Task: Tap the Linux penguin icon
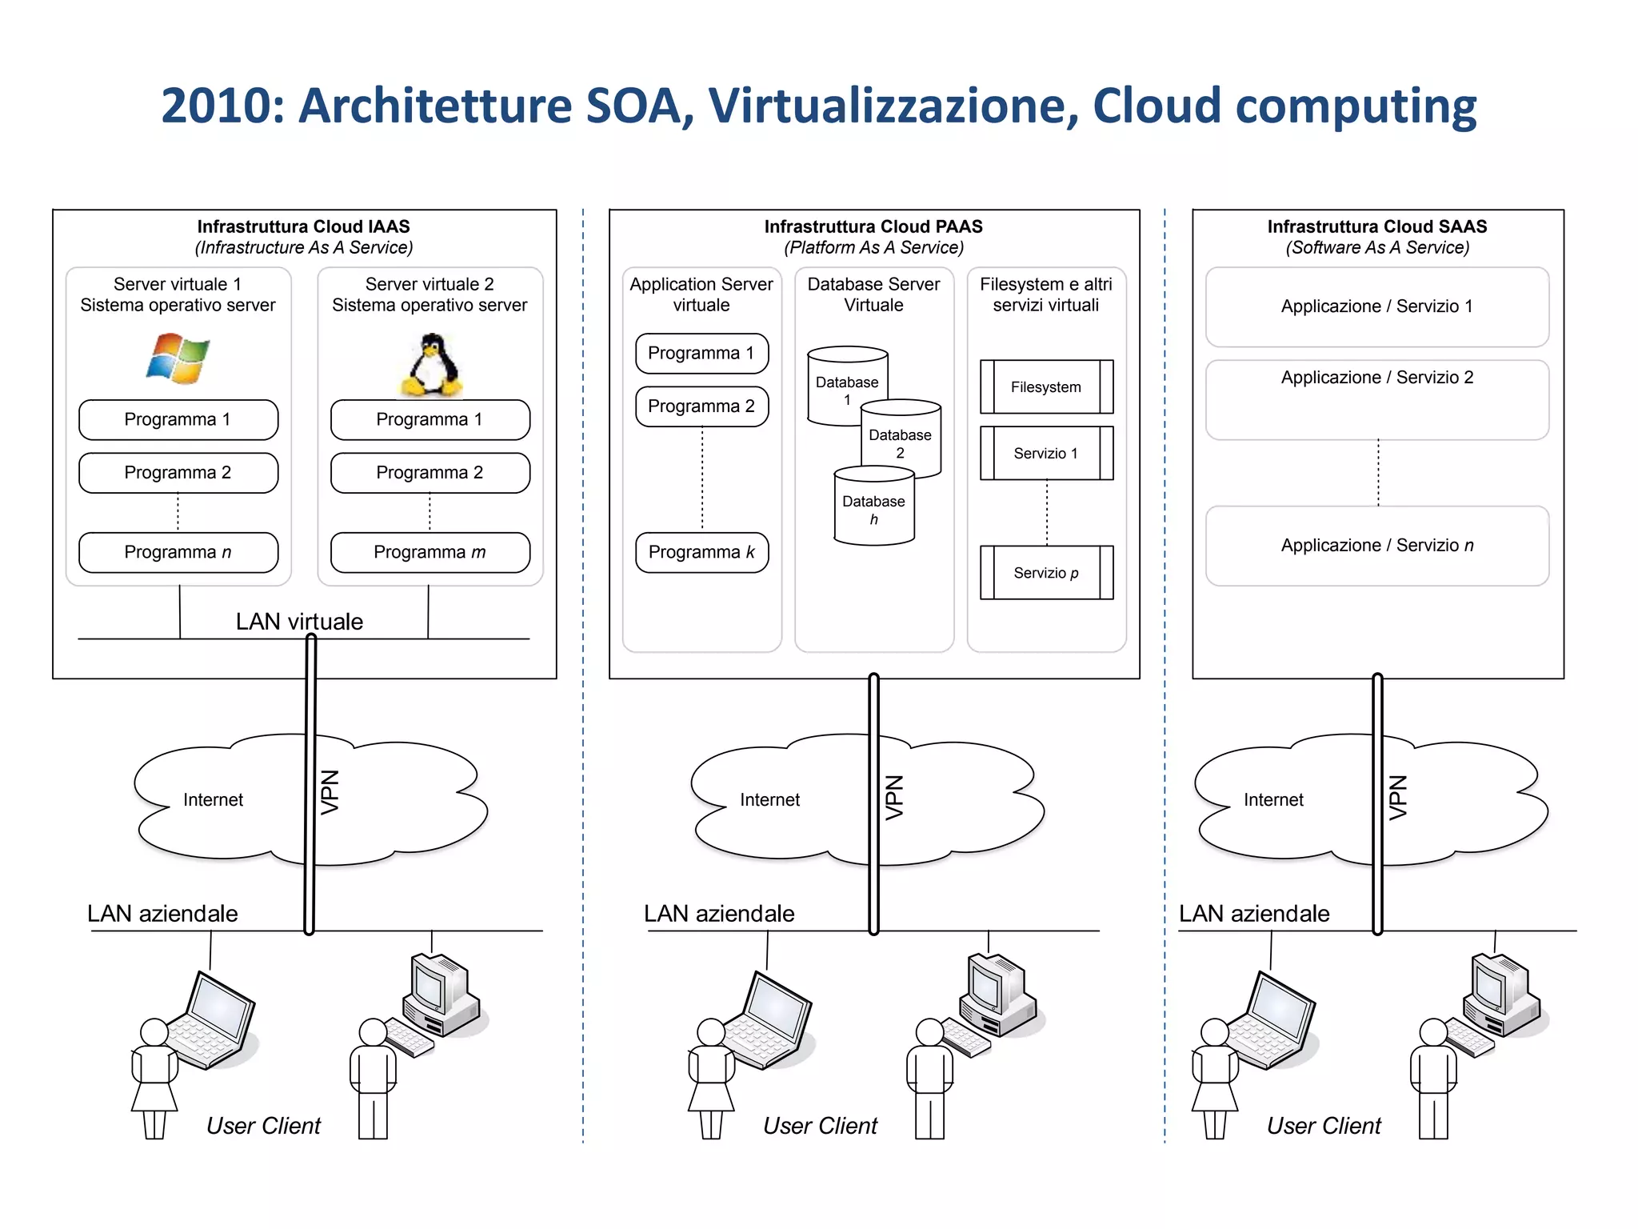(x=431, y=366)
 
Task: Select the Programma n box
(x=178, y=552)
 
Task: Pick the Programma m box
(x=430, y=552)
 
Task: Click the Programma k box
(x=701, y=552)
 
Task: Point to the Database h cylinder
(x=874, y=510)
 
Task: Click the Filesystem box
(x=1046, y=387)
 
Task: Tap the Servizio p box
(x=1046, y=573)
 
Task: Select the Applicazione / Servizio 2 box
(x=1376, y=399)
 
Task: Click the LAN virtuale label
(x=299, y=622)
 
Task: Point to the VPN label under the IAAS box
(x=330, y=792)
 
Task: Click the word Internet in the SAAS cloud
(x=1273, y=799)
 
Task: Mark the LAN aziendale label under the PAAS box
(x=719, y=914)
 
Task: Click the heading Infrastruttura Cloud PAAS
(x=873, y=226)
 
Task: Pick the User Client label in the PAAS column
(x=820, y=1126)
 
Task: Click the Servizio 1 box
(x=1046, y=454)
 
